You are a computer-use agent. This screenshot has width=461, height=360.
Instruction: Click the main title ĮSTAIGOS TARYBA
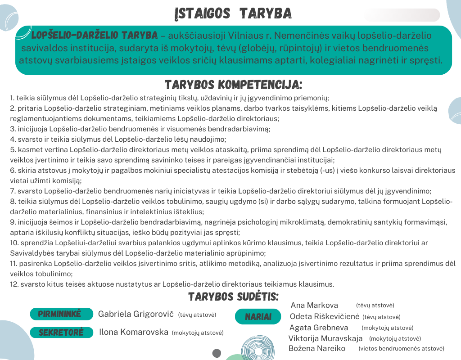tap(233, 13)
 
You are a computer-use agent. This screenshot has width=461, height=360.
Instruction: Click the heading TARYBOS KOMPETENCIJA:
tap(233, 85)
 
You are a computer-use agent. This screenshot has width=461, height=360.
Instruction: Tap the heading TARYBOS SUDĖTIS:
tap(233, 297)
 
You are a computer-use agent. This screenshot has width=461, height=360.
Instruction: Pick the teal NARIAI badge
tap(258, 317)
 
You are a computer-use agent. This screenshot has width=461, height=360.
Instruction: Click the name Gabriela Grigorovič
tap(136, 314)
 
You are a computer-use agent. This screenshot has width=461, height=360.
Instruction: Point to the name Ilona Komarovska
tap(133, 333)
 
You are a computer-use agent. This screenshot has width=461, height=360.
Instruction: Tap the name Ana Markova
tap(314, 306)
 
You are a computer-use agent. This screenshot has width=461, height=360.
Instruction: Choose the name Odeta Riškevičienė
tap(324, 317)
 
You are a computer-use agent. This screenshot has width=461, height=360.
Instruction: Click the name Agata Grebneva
tap(319, 328)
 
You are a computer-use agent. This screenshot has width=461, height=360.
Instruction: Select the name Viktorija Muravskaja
tap(325, 338)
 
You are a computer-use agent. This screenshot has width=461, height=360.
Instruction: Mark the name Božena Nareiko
tap(316, 348)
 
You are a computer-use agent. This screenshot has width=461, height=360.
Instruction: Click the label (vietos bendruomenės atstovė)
tap(401, 349)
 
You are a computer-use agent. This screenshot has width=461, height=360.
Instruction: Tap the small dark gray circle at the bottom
tap(217, 353)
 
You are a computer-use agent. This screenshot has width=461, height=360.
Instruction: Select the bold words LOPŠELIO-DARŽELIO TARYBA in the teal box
tap(95, 35)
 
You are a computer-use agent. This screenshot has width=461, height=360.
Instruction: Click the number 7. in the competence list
tap(13, 191)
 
